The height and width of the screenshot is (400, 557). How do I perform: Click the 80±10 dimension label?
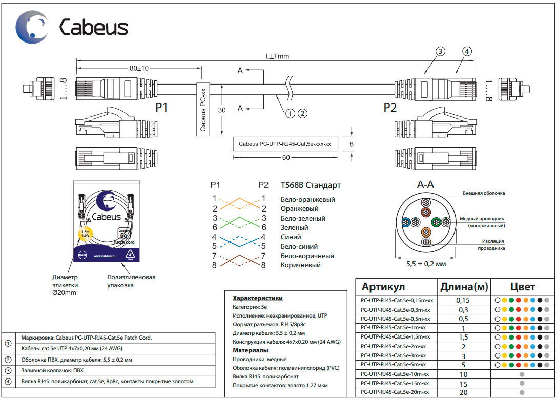click(139, 68)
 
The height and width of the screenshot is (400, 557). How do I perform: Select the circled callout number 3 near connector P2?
click(440, 51)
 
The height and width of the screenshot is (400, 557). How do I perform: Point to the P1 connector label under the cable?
click(162, 108)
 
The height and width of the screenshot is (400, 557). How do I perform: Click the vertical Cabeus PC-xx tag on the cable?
click(203, 109)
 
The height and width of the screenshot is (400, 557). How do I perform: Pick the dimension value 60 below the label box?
click(286, 158)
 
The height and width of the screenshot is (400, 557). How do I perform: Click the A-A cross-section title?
click(426, 184)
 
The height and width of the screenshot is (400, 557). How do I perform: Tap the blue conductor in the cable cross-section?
click(406, 222)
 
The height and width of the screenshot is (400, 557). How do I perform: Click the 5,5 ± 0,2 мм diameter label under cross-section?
click(426, 264)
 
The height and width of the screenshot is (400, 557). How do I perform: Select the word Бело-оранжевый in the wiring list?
click(307, 199)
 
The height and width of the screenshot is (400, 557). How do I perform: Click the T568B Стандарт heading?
click(311, 185)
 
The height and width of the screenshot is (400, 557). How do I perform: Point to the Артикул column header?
click(383, 287)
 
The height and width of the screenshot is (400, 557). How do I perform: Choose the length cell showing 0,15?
click(463, 300)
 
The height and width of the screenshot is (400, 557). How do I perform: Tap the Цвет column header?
click(522, 287)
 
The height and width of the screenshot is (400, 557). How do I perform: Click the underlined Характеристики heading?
click(258, 298)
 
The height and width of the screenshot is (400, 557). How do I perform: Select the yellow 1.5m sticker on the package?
click(84, 234)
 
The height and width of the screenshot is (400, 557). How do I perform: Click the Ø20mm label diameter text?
click(64, 292)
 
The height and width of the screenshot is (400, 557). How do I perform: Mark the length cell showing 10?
click(463, 374)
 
